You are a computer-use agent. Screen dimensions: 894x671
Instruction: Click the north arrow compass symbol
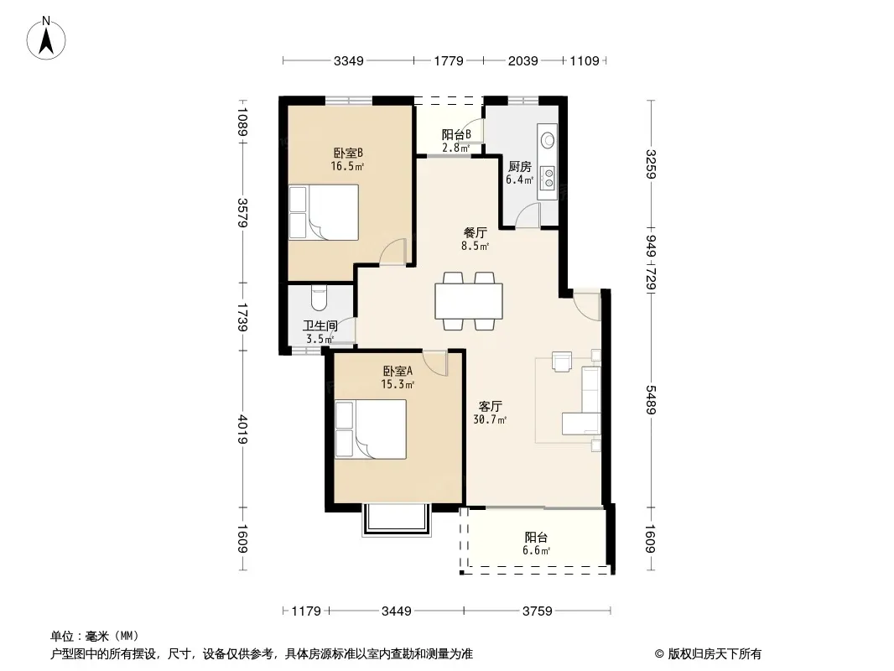tap(46, 38)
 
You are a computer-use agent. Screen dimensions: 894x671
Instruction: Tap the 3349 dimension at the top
tap(348, 60)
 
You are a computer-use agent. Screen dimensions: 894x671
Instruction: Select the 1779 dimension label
tap(449, 60)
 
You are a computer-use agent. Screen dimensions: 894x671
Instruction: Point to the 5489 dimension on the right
tap(651, 399)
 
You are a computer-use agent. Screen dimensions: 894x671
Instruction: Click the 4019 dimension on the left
tap(243, 429)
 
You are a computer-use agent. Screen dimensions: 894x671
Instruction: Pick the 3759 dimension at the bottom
tap(537, 611)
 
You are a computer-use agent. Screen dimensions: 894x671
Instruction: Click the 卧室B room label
tap(348, 153)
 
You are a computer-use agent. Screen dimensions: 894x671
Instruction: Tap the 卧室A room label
tap(398, 371)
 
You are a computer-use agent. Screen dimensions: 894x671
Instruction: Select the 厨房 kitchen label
tap(519, 166)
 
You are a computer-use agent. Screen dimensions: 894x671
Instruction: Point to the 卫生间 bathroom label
tap(320, 325)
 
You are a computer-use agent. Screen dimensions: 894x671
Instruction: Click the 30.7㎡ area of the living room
tap(490, 420)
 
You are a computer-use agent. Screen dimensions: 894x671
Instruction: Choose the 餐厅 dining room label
tap(475, 232)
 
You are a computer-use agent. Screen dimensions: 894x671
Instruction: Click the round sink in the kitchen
tap(548, 140)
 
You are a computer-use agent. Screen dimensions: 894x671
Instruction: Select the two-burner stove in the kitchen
tap(548, 176)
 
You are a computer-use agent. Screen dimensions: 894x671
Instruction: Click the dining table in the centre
tap(469, 301)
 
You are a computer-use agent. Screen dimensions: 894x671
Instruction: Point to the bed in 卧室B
tap(323, 212)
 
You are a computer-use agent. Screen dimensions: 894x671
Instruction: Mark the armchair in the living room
tap(562, 362)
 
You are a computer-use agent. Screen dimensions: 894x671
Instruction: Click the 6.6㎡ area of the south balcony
tap(536, 551)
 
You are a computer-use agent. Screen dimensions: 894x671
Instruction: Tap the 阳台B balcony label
tap(456, 134)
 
